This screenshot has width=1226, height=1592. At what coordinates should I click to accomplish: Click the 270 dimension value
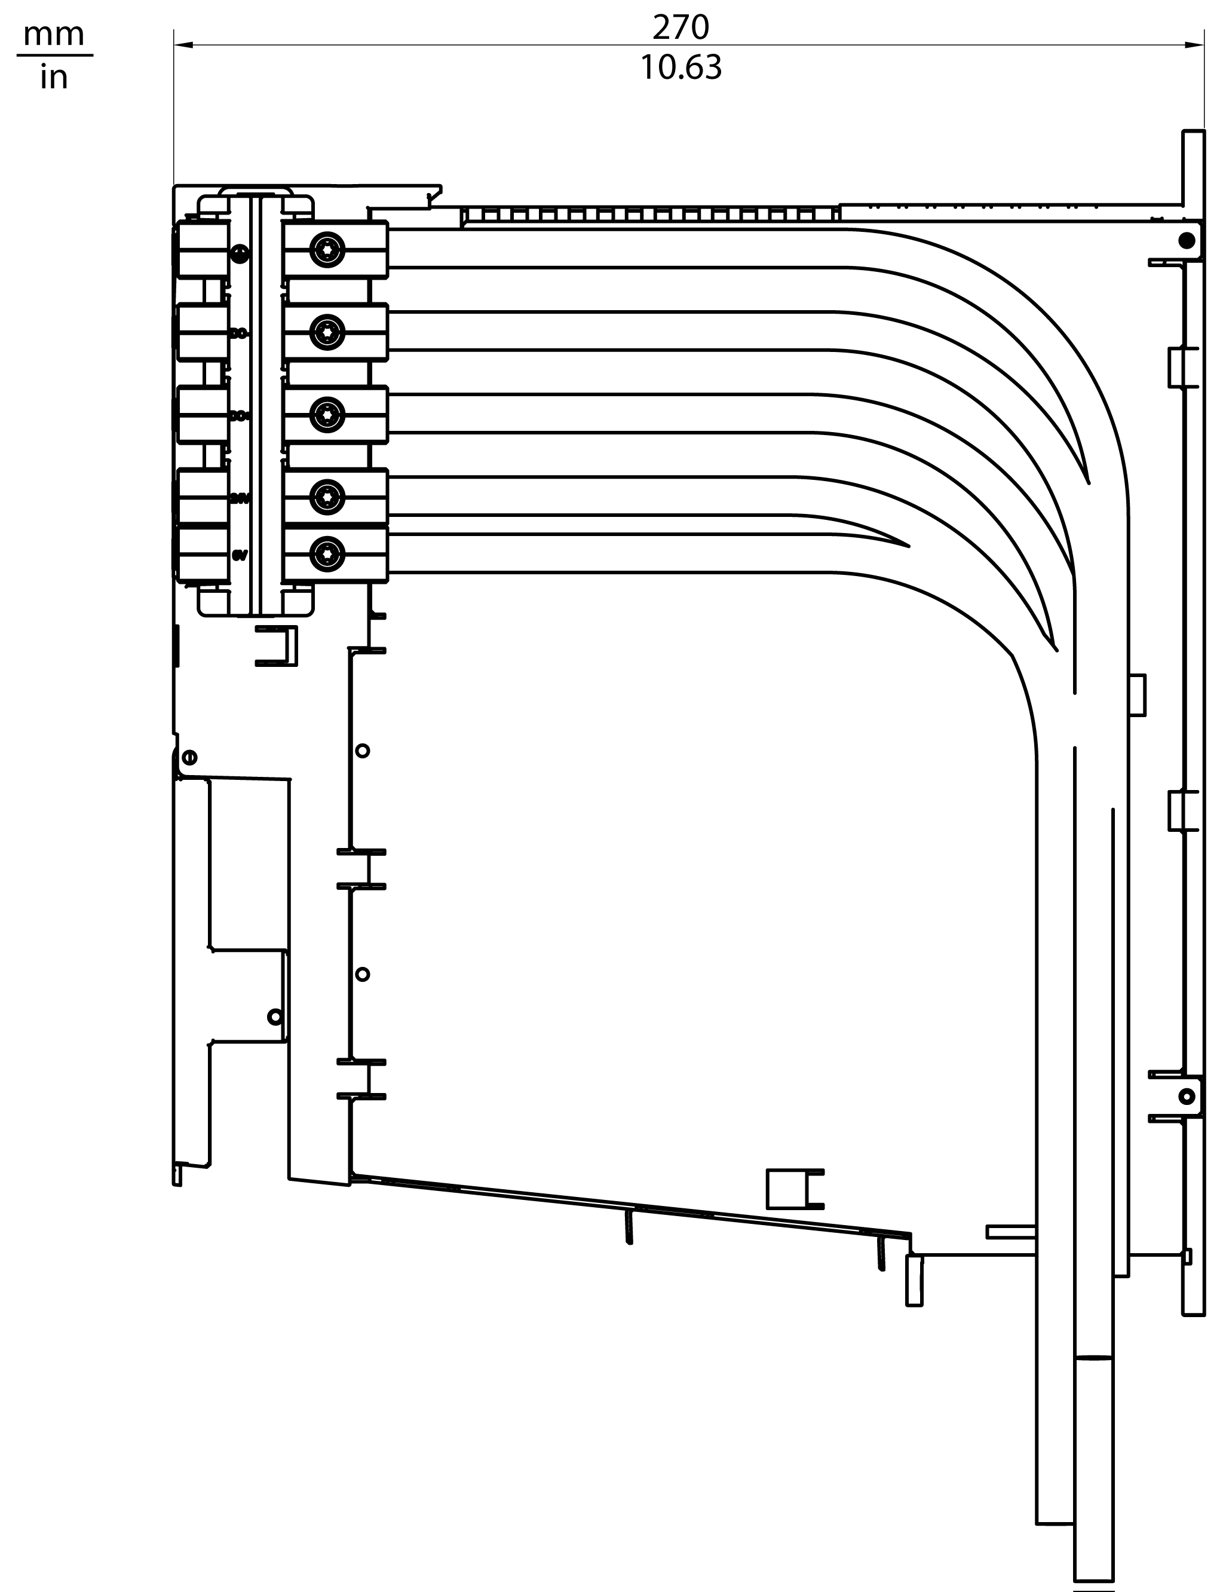point(680,27)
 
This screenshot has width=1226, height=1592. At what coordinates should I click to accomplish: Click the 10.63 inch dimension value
point(680,67)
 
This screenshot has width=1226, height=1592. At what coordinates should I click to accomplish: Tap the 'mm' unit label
point(54,34)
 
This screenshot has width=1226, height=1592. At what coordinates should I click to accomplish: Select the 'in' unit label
point(54,76)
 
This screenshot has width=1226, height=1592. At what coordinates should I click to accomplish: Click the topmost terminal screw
point(327,250)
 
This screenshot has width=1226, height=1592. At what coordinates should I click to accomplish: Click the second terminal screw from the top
point(327,332)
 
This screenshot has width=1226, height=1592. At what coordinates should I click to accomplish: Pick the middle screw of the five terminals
point(327,415)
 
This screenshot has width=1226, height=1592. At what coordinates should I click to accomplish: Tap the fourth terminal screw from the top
point(327,497)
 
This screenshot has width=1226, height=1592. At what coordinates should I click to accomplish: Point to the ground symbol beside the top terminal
point(240,253)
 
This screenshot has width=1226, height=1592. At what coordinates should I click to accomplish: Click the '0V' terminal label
point(240,555)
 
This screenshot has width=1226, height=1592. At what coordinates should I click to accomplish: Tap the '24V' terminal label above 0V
point(240,498)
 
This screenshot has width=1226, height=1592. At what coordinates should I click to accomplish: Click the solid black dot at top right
point(1187,241)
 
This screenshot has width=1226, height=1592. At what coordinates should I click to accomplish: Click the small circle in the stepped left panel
point(275,1016)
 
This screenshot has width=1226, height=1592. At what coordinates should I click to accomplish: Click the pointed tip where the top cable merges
point(1088,482)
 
